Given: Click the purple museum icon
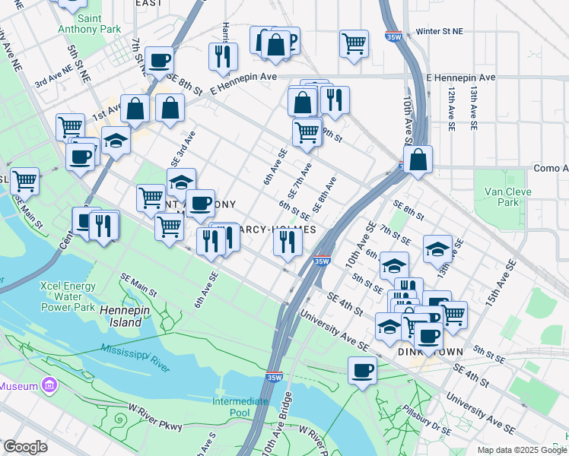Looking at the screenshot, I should [50, 385].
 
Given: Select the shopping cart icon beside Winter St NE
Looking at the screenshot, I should [354, 43].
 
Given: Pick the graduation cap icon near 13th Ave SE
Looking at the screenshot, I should [437, 248].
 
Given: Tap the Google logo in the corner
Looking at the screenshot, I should [25, 447].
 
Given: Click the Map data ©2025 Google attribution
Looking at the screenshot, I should [521, 450].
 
